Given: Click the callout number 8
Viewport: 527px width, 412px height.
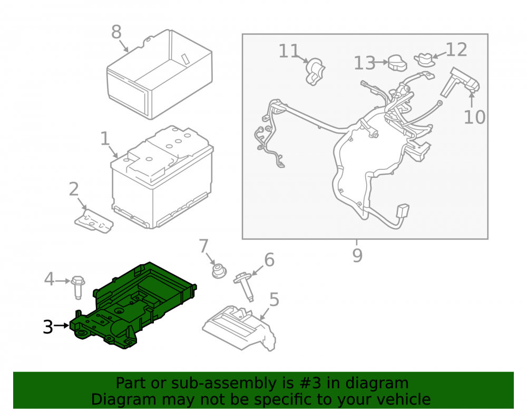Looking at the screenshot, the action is [116, 32].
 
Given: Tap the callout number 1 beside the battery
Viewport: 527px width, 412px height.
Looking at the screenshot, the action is [105, 139].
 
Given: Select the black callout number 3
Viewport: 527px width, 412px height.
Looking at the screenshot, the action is [48, 327].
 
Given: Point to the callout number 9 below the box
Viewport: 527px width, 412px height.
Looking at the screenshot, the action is [357, 255].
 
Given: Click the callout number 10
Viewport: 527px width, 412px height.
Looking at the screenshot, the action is [475, 118].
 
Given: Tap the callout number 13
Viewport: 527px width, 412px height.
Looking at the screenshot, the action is [365, 63].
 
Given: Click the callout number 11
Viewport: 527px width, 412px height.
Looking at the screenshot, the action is [289, 51].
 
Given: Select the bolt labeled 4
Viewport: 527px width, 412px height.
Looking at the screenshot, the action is [78, 287].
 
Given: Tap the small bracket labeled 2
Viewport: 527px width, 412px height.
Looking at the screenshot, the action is [94, 221].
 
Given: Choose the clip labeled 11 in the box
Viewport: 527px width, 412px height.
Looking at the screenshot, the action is [314, 71].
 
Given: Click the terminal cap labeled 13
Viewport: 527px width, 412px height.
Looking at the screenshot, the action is [397, 63].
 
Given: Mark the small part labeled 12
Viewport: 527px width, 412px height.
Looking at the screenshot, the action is [425, 59].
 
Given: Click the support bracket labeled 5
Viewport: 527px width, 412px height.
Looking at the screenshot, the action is [239, 328].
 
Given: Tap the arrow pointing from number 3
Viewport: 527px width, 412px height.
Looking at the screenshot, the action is [61, 325].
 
